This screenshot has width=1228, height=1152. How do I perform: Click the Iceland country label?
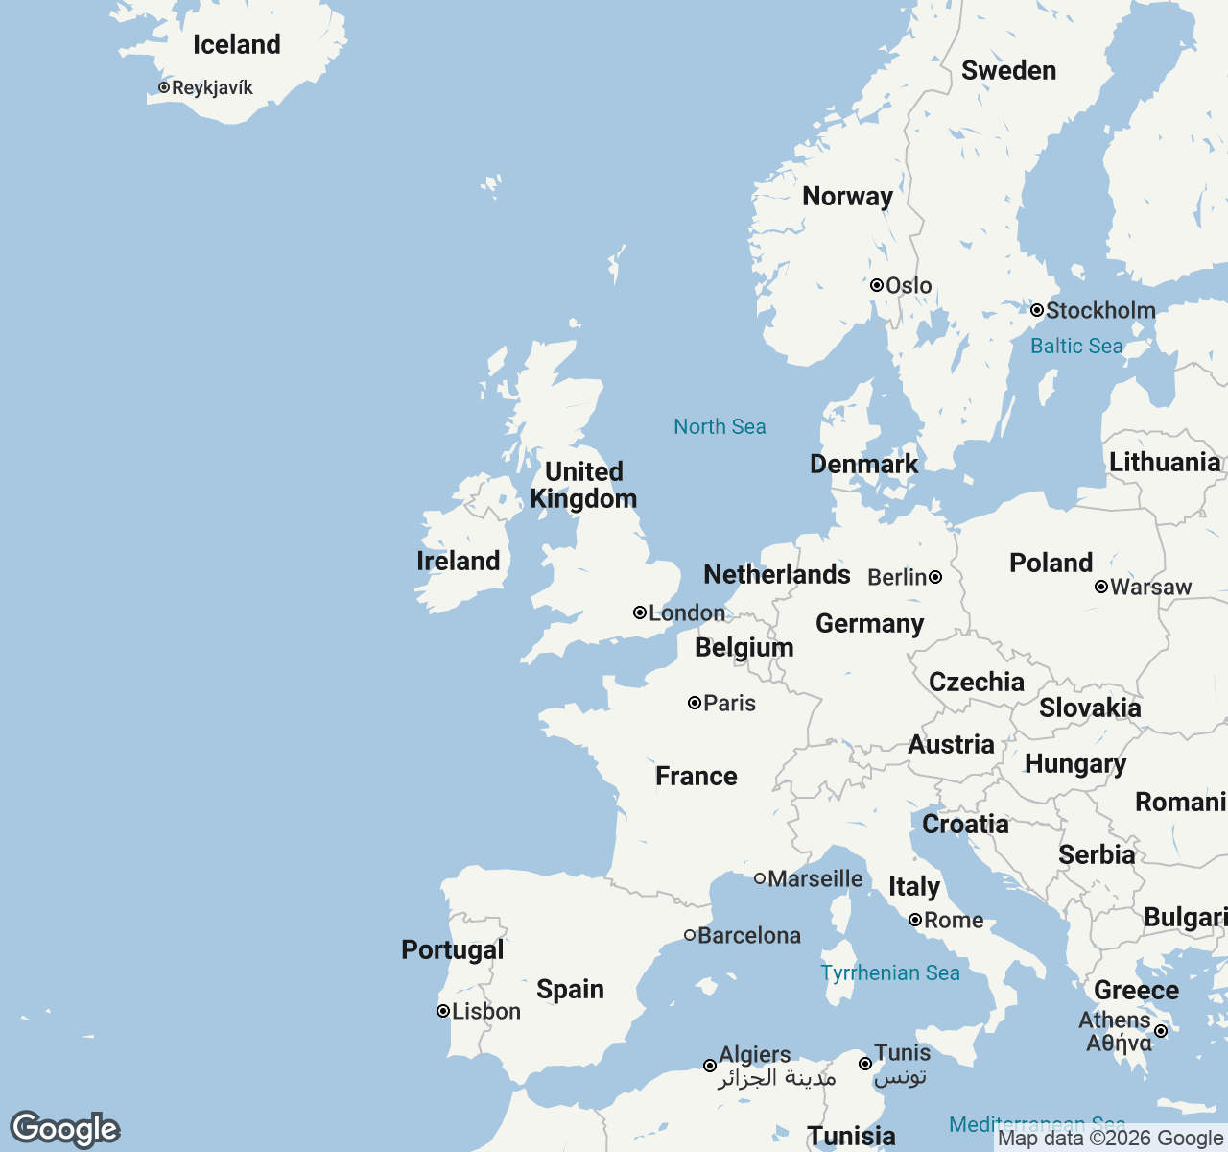[x=237, y=45]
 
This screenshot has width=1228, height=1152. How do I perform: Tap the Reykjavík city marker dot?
[x=164, y=87]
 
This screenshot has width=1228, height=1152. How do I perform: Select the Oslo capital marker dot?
[x=877, y=285]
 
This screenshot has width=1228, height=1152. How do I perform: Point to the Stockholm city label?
[x=1100, y=310]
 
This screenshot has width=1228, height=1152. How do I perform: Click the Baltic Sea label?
[x=1076, y=347]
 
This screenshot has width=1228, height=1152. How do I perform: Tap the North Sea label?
[x=720, y=427]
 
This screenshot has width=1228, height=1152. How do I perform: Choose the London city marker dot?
[x=640, y=612]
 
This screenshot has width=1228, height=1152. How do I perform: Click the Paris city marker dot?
[x=695, y=703]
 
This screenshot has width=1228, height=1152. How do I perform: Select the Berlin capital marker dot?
[x=935, y=577]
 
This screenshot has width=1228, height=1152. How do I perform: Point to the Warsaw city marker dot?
[x=1101, y=587]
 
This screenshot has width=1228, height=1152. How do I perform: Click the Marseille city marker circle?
[x=760, y=878]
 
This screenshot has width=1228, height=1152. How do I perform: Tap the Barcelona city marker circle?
[x=690, y=935]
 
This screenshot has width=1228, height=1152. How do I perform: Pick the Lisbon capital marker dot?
[x=443, y=1011]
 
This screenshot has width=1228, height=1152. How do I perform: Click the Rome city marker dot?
[x=915, y=920]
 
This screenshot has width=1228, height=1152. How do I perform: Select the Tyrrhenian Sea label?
[x=890, y=973]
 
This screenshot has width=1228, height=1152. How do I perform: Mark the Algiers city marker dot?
[x=710, y=1066]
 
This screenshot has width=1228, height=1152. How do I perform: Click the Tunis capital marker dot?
[x=865, y=1064]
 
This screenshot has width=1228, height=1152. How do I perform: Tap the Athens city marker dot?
[x=1161, y=1031]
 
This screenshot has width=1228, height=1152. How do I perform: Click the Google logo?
[x=65, y=1129]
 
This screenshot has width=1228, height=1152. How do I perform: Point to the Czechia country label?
[x=977, y=683]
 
